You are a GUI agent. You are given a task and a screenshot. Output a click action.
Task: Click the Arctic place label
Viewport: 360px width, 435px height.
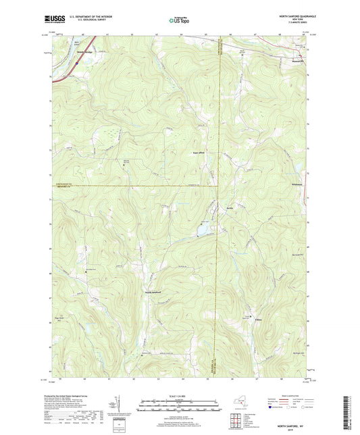click(x=230, y=208)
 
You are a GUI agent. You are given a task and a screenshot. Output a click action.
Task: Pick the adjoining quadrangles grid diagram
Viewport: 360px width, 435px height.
click(x=237, y=413)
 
